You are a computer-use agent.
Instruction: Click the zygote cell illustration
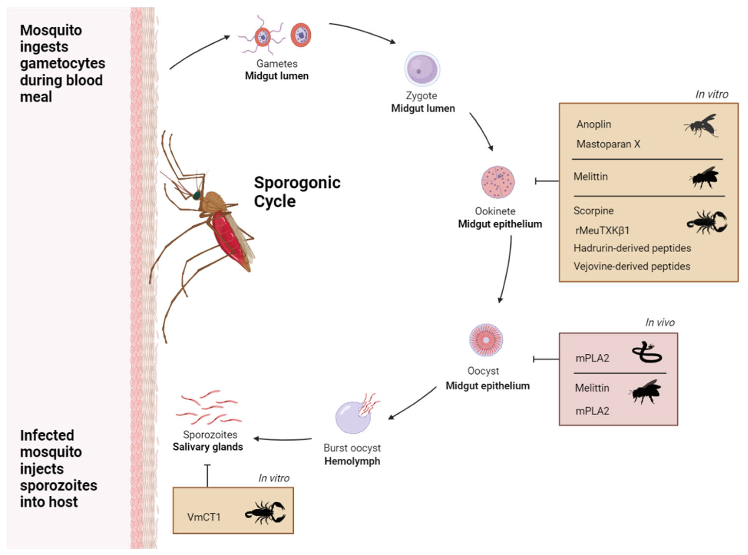422,69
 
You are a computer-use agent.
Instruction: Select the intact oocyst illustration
486,340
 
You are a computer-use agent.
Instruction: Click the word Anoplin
594,124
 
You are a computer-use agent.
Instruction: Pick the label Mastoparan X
608,144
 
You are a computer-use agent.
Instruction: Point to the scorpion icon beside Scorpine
707,222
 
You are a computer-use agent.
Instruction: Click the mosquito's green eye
196,195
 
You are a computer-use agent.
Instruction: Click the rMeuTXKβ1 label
601,230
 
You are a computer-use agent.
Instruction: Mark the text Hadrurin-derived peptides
632,248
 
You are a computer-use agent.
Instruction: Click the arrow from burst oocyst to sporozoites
282,439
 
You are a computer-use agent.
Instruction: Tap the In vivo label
659,322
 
